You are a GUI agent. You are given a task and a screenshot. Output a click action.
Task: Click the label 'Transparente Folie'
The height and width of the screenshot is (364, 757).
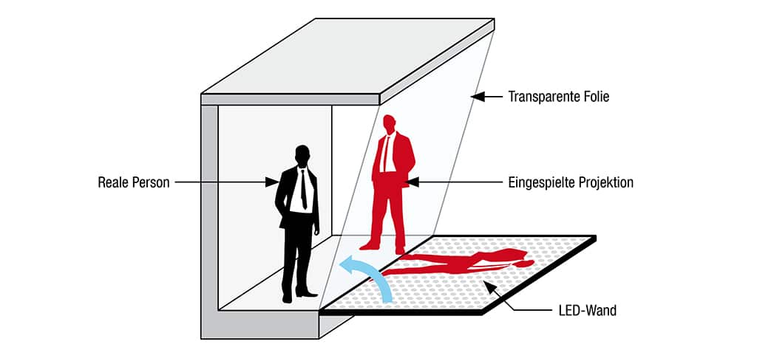pos(558,97)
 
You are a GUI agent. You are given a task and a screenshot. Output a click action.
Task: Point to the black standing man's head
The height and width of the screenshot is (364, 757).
pos(302,156)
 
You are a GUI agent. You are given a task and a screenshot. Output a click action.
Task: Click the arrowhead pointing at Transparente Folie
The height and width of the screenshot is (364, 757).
pos(478,97)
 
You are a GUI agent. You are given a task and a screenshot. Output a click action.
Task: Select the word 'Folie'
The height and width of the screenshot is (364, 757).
pos(595,97)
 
